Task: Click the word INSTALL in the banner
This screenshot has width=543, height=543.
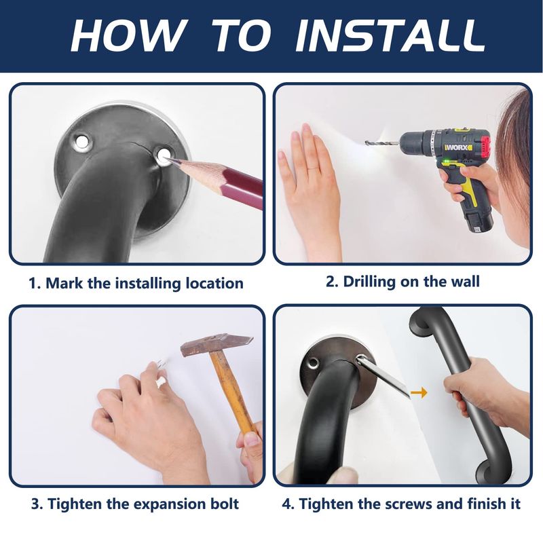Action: pos(390,35)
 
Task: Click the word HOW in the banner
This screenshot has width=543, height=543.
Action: pos(128,35)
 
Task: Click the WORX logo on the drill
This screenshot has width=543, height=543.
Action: pos(458,147)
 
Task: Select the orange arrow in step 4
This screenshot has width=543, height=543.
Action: pos(419,392)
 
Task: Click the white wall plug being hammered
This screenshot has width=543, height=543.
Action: pos(161,381)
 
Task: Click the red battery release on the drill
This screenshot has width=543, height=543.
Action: pos(485,145)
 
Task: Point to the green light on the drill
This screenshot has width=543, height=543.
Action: pos(447,160)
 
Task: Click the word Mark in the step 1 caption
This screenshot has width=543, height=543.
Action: pos(64,283)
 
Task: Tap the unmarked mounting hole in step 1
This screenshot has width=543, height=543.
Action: pos(81,141)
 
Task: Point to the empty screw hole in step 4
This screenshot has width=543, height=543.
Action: pos(314,362)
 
